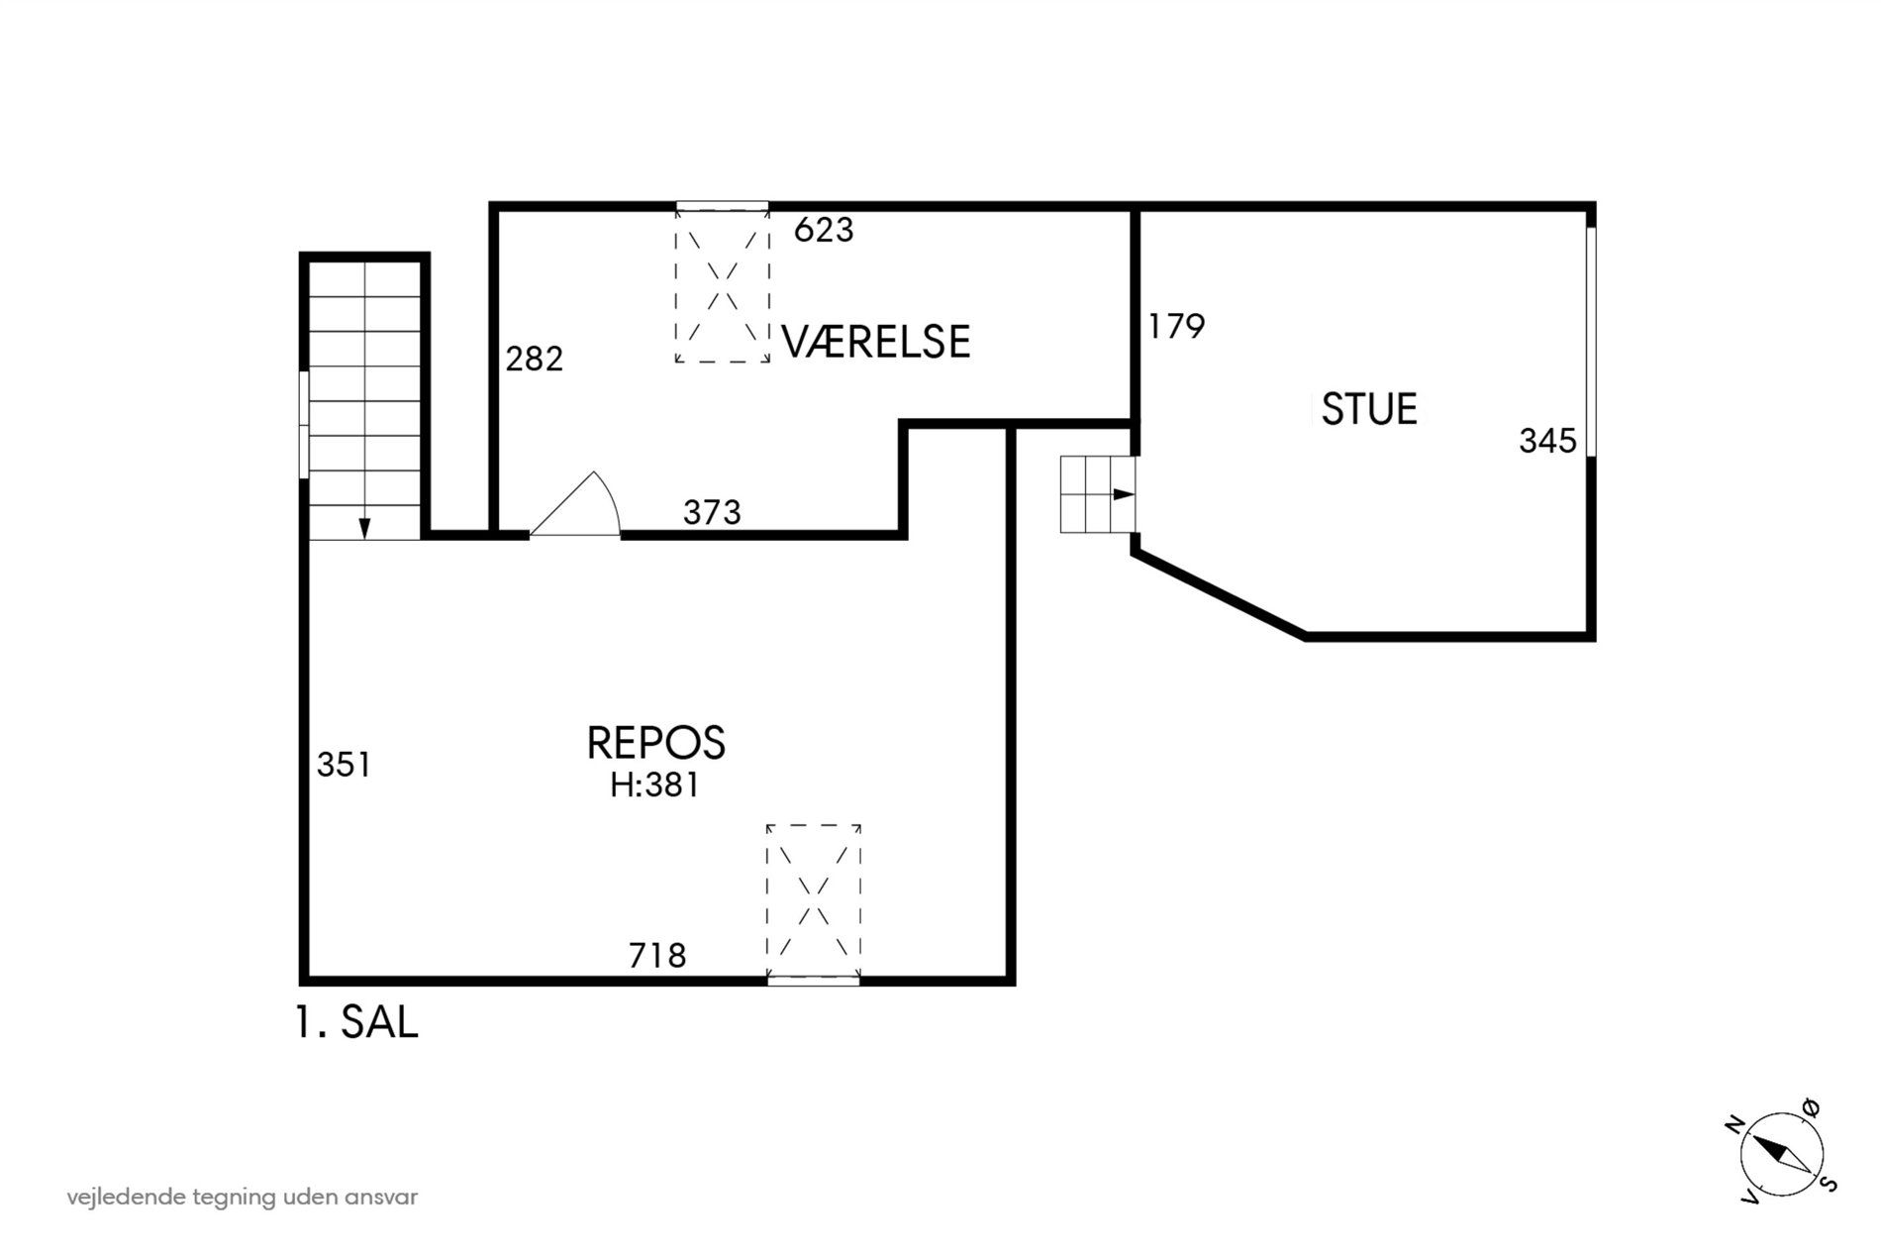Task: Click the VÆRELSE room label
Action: coord(875,341)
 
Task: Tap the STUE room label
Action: coord(1369,409)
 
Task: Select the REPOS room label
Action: coord(656,742)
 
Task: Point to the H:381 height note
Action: coord(654,785)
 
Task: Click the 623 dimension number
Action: coord(824,230)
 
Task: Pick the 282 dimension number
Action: coord(535,359)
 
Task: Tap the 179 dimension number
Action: coord(1176,326)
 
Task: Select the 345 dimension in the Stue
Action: coord(1547,441)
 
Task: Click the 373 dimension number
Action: coord(712,512)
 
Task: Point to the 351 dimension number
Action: coord(344,765)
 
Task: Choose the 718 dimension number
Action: coord(657,956)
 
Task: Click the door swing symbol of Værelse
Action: coord(575,505)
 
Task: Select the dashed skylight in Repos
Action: coord(814,901)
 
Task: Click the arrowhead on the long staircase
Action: coord(364,529)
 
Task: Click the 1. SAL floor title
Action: coord(357,1022)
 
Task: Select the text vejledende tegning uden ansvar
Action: coord(243,1198)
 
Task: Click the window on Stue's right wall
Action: coord(1591,343)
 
